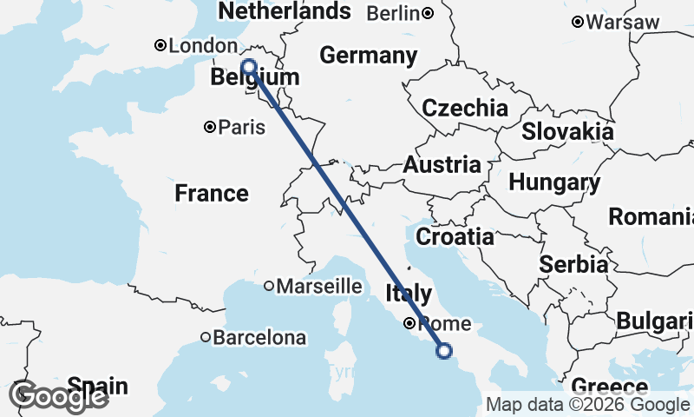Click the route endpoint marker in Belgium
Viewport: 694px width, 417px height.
tap(248, 67)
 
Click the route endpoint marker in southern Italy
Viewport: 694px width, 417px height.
tap(444, 351)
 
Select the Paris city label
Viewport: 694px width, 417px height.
tap(240, 128)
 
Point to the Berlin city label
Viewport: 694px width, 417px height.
tap(394, 13)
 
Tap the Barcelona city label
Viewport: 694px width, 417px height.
tap(259, 337)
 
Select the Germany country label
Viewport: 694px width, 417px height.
tap(368, 56)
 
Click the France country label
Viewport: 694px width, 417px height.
tap(212, 193)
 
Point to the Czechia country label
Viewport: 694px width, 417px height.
tap(465, 109)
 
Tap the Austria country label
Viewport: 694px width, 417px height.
tap(442, 165)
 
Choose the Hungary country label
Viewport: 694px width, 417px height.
tap(554, 183)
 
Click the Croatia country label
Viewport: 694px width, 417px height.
tap(455, 236)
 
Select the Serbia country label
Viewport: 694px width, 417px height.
tap(573, 265)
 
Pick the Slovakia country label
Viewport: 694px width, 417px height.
tap(567, 132)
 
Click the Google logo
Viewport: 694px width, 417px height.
tap(58, 397)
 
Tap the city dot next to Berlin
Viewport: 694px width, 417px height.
tap(429, 13)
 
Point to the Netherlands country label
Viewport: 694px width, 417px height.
tap(284, 11)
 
